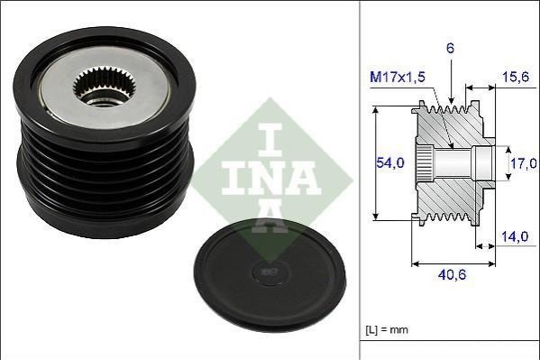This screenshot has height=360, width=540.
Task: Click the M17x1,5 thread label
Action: point(398,77)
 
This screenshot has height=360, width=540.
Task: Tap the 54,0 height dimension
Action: point(389,162)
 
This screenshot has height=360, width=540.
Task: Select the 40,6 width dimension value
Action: point(452,274)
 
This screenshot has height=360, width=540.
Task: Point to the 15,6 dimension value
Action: point(515,77)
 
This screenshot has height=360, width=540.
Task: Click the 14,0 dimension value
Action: point(515,236)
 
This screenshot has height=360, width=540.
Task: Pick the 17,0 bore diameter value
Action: point(524,162)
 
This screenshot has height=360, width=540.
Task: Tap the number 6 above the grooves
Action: point(450,49)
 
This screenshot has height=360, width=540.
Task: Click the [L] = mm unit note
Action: point(387,329)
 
